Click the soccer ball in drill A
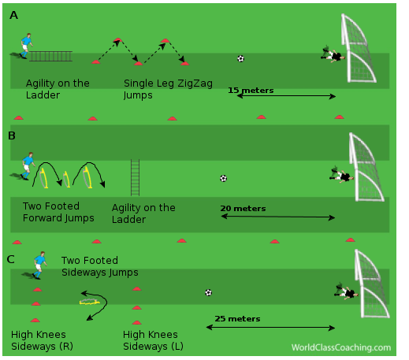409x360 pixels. click(240, 58)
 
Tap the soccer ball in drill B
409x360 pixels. click(223, 179)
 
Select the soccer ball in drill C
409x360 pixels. click(208, 292)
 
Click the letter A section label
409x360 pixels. click(13, 15)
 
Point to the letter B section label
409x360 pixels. click(12, 135)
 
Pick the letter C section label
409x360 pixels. click(11, 259)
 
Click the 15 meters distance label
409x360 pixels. click(251, 91)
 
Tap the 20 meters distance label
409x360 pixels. click(243, 209)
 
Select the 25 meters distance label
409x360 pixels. click(237, 319)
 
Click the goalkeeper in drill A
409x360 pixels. click(333, 54)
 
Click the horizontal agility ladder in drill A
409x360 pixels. click(50, 56)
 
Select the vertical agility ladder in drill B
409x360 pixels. click(135, 177)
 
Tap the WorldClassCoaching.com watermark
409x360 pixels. click(341, 347)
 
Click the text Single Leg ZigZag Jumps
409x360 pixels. click(168, 89)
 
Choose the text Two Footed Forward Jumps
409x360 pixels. click(58, 212)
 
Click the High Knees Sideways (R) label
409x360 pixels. click(42, 340)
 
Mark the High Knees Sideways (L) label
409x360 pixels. click(153, 340)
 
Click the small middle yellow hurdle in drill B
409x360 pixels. click(66, 180)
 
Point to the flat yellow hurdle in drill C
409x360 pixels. click(89, 302)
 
